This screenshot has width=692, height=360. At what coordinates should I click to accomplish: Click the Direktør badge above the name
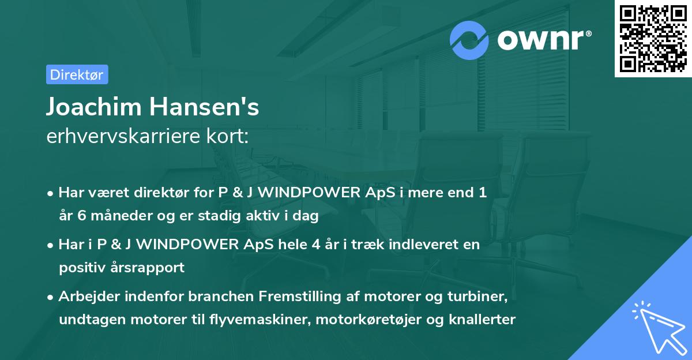point(77,74)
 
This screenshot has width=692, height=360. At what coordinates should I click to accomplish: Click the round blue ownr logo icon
point(469,40)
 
